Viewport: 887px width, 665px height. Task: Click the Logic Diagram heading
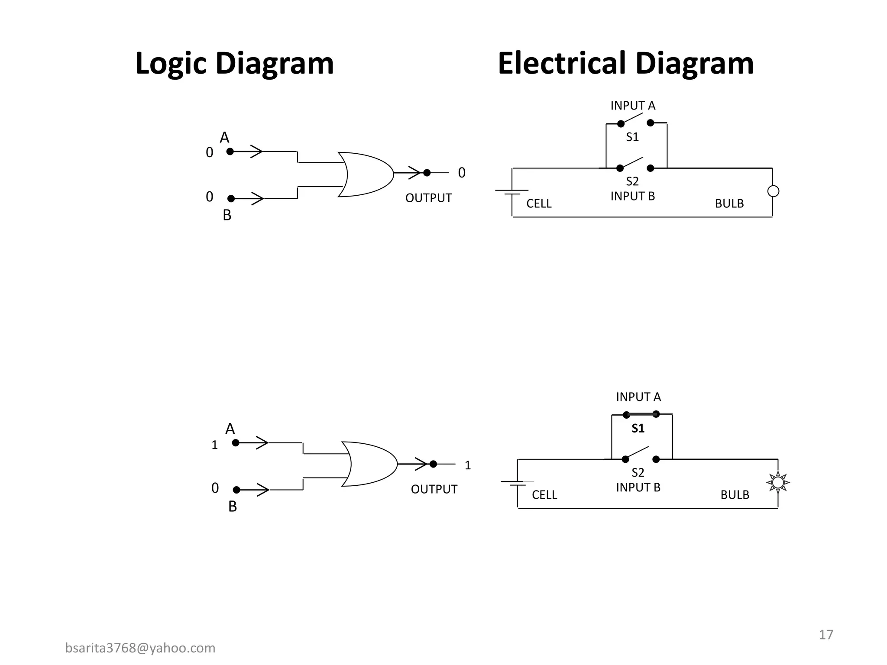coord(234,63)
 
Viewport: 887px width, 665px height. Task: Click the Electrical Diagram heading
coord(625,63)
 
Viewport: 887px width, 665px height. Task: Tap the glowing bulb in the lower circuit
coord(778,482)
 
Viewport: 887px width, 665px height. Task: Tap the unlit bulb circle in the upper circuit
coord(773,191)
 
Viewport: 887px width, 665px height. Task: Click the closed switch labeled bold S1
coord(641,415)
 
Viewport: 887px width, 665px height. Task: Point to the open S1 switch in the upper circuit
coord(635,120)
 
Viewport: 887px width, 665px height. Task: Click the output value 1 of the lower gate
coord(467,465)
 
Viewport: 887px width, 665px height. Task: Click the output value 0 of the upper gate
coord(462,173)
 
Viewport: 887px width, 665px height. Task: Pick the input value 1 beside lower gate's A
coord(214,445)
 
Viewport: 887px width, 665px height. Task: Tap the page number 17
coord(825,635)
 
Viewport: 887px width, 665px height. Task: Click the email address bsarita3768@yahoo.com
coord(140,648)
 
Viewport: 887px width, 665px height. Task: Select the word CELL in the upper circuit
coord(539,203)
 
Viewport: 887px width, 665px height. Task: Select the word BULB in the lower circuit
coord(735,495)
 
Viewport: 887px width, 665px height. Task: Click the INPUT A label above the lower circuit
coord(638,397)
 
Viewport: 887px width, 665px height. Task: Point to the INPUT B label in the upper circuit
coord(632,196)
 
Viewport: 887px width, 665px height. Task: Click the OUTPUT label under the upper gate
coord(428,198)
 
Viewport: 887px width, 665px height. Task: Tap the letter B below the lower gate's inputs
coord(233,507)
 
